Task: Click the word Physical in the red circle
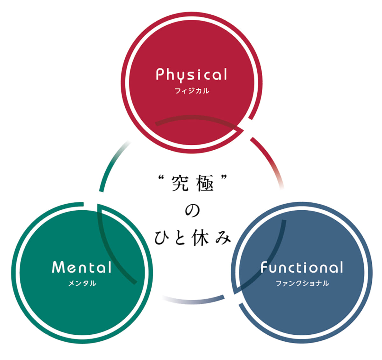(192, 75)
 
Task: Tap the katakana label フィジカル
(192, 91)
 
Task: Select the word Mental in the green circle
(82, 267)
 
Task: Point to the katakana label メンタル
(82, 283)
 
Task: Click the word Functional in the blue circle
(302, 267)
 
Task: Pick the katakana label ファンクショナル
(302, 283)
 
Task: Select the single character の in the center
(192, 211)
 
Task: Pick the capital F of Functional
(264, 267)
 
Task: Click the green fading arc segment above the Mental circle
(111, 162)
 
